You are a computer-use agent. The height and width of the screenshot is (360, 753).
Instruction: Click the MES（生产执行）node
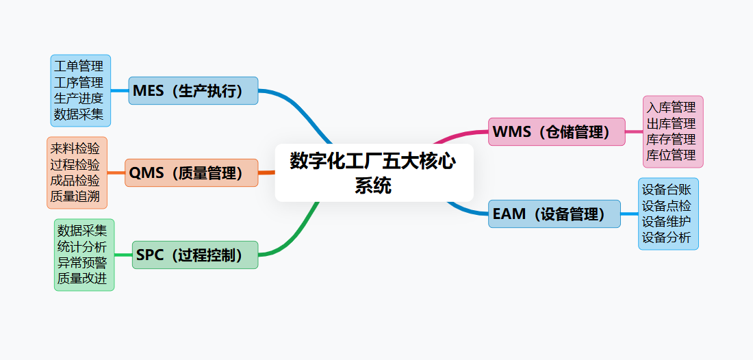pyautogui.click(x=193, y=90)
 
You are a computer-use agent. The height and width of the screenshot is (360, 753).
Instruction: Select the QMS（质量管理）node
pyautogui.click(x=191, y=173)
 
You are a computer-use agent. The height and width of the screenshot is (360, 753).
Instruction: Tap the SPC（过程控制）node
pyautogui.click(x=195, y=255)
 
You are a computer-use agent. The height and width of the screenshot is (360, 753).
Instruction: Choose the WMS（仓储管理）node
pyautogui.click(x=557, y=132)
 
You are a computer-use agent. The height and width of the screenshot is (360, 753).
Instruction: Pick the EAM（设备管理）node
pyautogui.click(x=554, y=214)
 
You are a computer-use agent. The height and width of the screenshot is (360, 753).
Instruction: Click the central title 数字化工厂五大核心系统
pyautogui.click(x=374, y=172)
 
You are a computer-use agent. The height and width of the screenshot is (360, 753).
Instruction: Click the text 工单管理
pyautogui.click(x=79, y=66)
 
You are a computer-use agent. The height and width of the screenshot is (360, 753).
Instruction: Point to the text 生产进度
pyautogui.click(x=79, y=98)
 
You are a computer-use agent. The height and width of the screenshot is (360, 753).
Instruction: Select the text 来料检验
pyautogui.click(x=75, y=149)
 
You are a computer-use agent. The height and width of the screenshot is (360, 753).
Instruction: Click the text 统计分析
pyautogui.click(x=83, y=246)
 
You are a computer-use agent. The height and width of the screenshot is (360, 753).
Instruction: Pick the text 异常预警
pyautogui.click(x=83, y=263)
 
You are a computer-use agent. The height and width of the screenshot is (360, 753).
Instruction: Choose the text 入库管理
pyautogui.click(x=672, y=107)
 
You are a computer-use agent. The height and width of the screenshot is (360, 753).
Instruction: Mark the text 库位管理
pyautogui.click(x=672, y=155)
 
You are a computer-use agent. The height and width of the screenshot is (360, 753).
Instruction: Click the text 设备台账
pyautogui.click(x=667, y=190)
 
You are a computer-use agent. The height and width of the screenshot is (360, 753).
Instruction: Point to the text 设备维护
pyautogui.click(x=667, y=222)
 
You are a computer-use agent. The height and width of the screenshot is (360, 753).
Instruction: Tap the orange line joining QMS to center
pyautogui.click(x=266, y=172)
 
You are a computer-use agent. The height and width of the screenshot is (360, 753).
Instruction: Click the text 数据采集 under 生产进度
pyautogui.click(x=79, y=114)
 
